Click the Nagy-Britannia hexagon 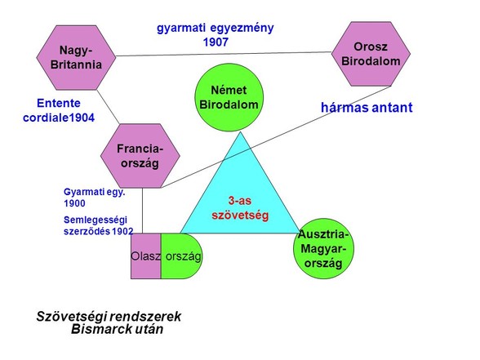(76, 57)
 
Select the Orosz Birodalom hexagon (371, 54)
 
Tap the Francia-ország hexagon (140, 156)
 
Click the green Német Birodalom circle (229, 97)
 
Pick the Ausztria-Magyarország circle (323, 248)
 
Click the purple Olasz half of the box (145, 256)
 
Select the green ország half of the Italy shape (181, 256)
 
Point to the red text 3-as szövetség (240, 208)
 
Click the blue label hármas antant (367, 108)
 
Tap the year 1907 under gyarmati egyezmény (216, 42)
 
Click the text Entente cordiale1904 (59, 110)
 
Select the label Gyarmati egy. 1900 (95, 198)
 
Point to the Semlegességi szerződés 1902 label (98, 225)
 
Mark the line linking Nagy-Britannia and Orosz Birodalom (224, 54)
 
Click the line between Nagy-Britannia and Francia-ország (108, 107)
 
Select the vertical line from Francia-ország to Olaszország (142, 211)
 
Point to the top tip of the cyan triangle (240, 132)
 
